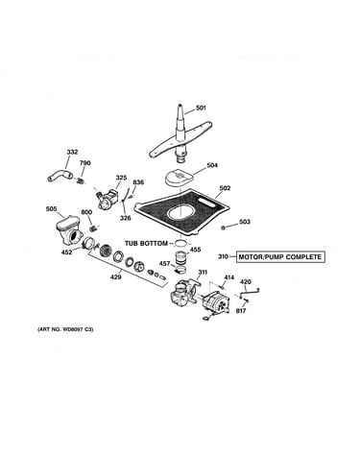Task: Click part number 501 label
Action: (201, 108)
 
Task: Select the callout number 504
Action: (212, 165)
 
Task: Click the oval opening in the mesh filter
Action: (181, 212)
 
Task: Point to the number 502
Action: (225, 188)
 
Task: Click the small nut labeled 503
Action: (224, 228)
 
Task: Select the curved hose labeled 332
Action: (60, 176)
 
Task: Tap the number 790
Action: (84, 163)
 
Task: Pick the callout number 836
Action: (138, 182)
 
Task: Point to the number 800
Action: (86, 212)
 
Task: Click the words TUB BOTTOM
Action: (146, 244)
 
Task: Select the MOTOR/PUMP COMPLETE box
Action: (280, 257)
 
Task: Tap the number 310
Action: (224, 257)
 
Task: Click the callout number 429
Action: (116, 277)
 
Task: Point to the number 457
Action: (164, 264)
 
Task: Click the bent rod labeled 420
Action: (249, 292)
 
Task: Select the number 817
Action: (241, 311)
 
